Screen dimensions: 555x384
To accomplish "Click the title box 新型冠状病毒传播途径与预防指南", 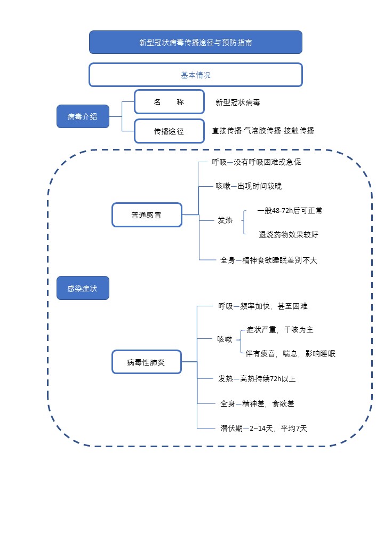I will (195, 43).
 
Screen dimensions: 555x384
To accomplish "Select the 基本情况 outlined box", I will (195, 75).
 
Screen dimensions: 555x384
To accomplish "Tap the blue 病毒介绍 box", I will (83, 117).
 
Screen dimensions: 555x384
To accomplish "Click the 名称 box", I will (169, 102).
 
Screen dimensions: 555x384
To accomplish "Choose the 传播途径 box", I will (169, 131).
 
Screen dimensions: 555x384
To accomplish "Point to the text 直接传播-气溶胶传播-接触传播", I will (263, 130).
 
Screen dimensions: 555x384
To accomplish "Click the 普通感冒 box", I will (147, 215).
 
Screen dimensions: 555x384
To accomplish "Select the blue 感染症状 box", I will (83, 288).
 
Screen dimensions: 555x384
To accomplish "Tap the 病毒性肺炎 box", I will (146, 362).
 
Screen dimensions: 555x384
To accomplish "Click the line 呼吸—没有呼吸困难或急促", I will (257, 162).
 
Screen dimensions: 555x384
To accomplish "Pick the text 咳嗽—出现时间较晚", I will (249, 186).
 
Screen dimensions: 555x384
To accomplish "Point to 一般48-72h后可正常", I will (290, 211).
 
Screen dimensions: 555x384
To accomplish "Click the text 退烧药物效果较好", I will (289, 235).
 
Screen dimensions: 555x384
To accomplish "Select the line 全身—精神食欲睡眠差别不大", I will (269, 260).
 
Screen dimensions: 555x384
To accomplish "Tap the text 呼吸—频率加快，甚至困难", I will (263, 306).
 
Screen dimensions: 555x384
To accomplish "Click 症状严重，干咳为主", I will (283, 330).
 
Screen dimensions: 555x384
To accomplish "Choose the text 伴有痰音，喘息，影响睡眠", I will (291, 354).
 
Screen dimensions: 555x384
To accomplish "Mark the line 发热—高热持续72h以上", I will (257, 379).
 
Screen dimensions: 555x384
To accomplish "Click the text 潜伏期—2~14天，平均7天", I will (263, 428).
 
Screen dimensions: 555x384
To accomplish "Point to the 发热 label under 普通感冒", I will (225, 220).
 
